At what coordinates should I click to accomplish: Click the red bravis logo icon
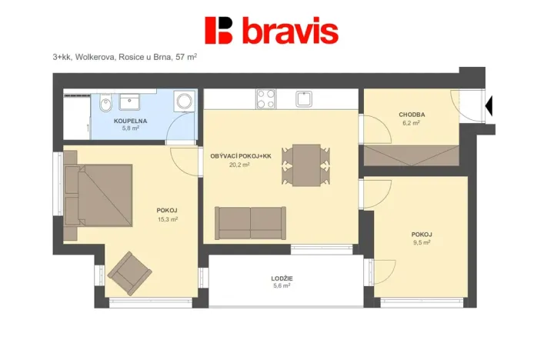coord(219,30)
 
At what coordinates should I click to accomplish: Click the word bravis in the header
coord(290,32)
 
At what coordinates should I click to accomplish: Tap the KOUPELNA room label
coord(126,121)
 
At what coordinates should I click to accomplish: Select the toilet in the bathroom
coord(105,104)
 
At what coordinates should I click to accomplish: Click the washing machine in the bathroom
coord(184,102)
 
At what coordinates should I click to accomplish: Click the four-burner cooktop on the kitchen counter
coord(265,98)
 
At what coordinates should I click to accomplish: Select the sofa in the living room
coord(250,222)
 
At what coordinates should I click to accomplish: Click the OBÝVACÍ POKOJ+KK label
coord(241,156)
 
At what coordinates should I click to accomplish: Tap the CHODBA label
coord(412,115)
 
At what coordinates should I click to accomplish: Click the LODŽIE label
coord(282,278)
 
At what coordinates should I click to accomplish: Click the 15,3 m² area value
coord(167,219)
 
